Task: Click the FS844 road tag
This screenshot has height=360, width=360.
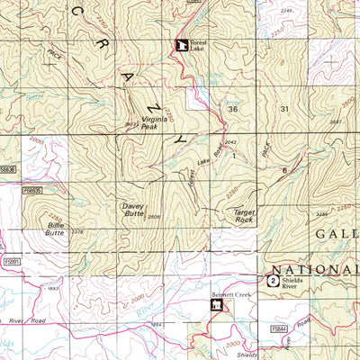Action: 281,330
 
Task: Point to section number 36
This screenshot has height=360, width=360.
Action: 233,108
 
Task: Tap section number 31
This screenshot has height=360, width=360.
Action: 285,108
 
